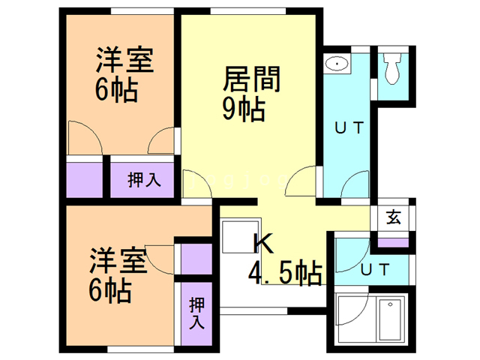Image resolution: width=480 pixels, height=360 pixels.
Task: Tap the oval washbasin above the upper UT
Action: pyautogui.click(x=338, y=64)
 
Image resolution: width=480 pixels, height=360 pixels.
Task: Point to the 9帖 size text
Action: pyautogui.click(x=243, y=109)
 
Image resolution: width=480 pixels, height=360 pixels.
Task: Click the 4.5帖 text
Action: pyautogui.click(x=286, y=271)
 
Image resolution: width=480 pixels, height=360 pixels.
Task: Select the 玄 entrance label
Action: pyautogui.click(x=393, y=218)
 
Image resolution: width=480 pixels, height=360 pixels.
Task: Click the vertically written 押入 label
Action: pyautogui.click(x=196, y=313)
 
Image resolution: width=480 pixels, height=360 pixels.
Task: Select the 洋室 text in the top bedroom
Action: pyautogui.click(x=125, y=61)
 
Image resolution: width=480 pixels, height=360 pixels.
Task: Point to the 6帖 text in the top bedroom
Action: pyautogui.click(x=115, y=90)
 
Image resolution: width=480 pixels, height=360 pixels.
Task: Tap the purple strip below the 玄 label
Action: pyautogui.click(x=393, y=242)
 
